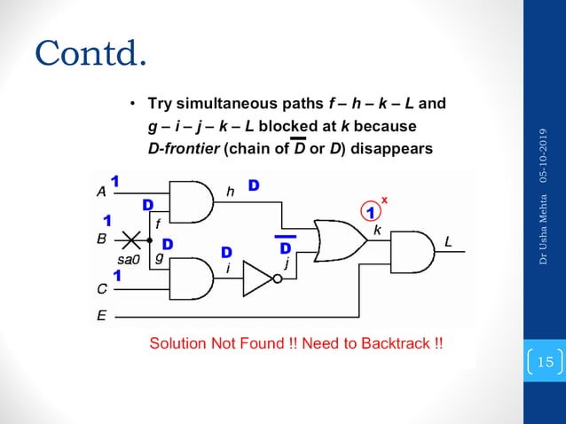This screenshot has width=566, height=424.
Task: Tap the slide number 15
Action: (545, 361)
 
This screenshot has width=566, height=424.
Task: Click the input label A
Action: (100, 190)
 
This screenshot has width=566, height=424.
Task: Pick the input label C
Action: (100, 288)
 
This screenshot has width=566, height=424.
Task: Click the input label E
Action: (100, 315)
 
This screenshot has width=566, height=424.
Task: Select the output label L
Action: (449, 240)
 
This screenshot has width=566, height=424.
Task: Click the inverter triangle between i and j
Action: (258, 279)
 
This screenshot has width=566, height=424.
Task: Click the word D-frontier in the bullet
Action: (176, 148)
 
